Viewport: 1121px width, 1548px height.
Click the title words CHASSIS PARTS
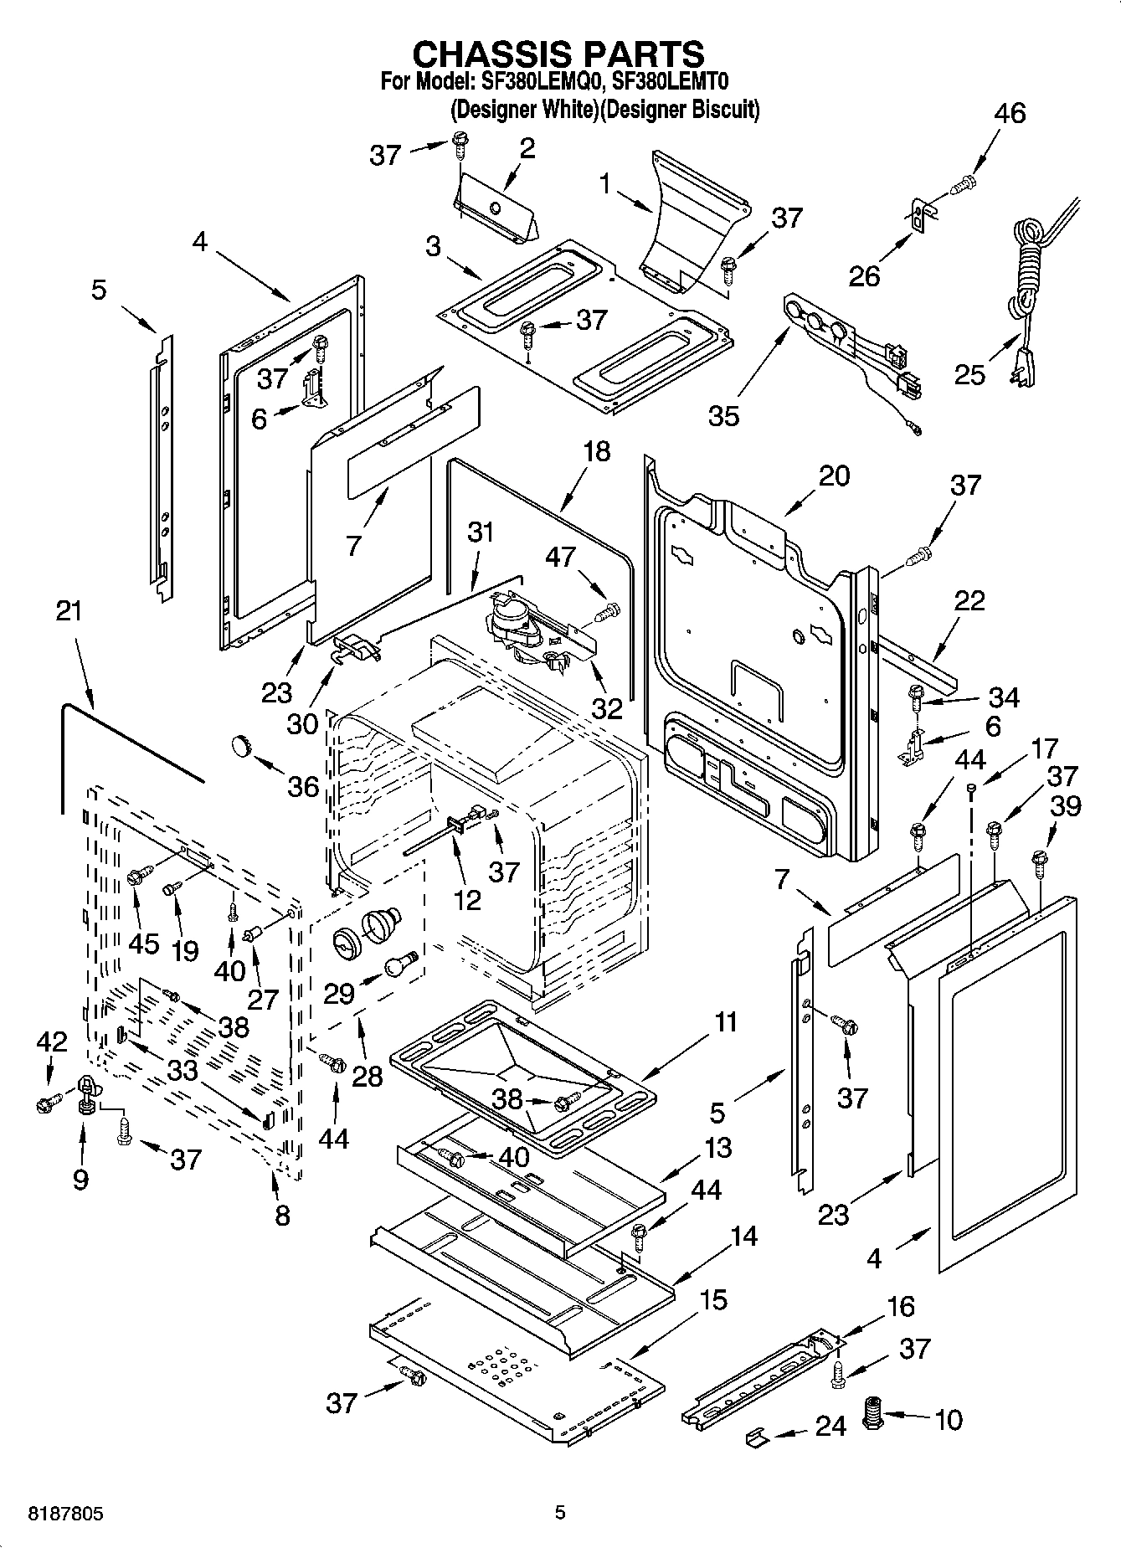click(x=558, y=54)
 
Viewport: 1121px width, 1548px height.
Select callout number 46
click(x=1010, y=113)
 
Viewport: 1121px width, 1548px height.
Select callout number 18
click(x=597, y=452)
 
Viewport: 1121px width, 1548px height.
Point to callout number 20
click(x=834, y=476)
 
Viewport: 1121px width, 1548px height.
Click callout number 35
click(x=724, y=414)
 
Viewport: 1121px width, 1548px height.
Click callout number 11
click(x=726, y=1022)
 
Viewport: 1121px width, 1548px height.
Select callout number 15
click(x=713, y=1299)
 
